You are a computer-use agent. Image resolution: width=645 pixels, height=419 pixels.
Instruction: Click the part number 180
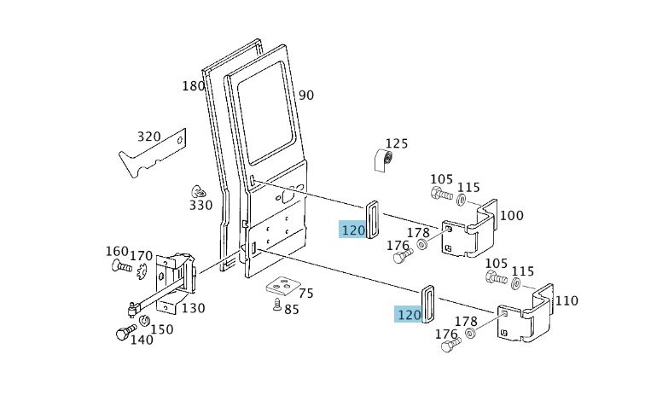194,86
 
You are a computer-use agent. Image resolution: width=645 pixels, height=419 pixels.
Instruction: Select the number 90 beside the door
306,96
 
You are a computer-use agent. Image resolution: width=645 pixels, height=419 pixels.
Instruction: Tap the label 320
148,137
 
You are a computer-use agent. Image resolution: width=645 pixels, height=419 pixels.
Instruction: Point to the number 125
397,143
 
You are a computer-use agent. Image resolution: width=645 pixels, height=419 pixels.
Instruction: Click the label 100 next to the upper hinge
511,215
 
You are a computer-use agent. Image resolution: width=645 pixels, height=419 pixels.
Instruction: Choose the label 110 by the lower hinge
567,301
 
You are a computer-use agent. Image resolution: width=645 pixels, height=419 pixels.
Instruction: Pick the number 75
306,294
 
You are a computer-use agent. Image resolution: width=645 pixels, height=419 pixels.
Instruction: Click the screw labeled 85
277,305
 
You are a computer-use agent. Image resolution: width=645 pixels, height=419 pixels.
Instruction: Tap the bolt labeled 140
125,332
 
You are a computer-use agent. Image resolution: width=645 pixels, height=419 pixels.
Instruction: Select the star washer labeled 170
142,271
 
